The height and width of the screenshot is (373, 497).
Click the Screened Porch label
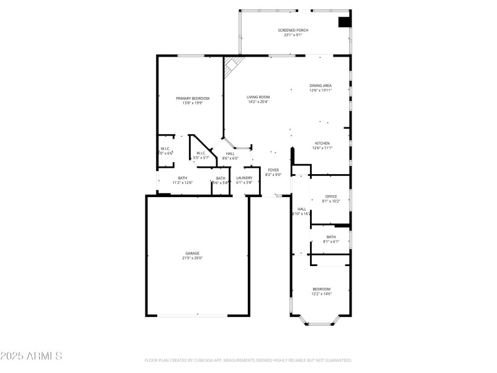click(x=292, y=30)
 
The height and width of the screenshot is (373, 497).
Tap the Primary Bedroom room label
click(x=192, y=98)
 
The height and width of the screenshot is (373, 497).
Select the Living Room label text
click(x=258, y=97)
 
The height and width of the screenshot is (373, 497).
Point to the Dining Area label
click(x=321, y=85)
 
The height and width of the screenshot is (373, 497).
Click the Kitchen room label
click(x=322, y=143)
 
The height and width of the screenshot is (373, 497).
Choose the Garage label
click(x=192, y=253)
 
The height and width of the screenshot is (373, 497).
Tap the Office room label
click(x=331, y=196)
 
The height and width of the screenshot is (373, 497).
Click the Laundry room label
click(x=244, y=178)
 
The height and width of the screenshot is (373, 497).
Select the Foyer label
click(x=273, y=170)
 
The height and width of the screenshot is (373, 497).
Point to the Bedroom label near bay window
click(x=321, y=289)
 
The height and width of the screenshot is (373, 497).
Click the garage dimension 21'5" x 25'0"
click(x=192, y=258)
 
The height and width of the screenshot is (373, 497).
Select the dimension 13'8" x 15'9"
click(x=192, y=103)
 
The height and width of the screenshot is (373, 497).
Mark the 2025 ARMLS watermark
click(x=31, y=356)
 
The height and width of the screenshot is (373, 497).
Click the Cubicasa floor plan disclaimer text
click(x=248, y=360)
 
